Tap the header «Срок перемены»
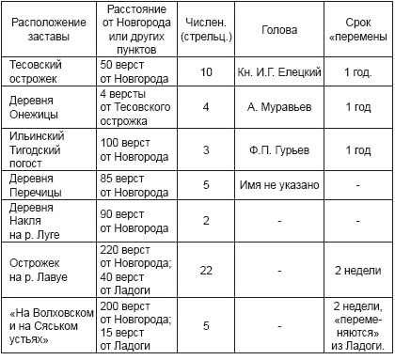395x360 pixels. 357,28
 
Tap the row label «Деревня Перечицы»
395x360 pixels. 36,186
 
